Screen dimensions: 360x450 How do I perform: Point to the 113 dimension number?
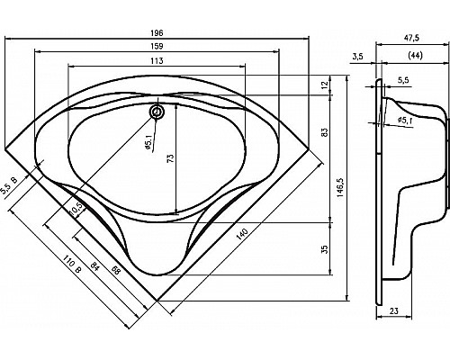pyautogui.click(x=157, y=62)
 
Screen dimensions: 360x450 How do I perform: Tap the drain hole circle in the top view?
pyautogui.click(x=157, y=112)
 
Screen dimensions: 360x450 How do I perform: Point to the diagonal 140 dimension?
pyautogui.click(x=240, y=232)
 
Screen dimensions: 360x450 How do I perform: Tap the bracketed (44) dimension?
pyautogui.click(x=415, y=56)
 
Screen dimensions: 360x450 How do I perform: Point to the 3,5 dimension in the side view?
pyautogui.click(x=358, y=56)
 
